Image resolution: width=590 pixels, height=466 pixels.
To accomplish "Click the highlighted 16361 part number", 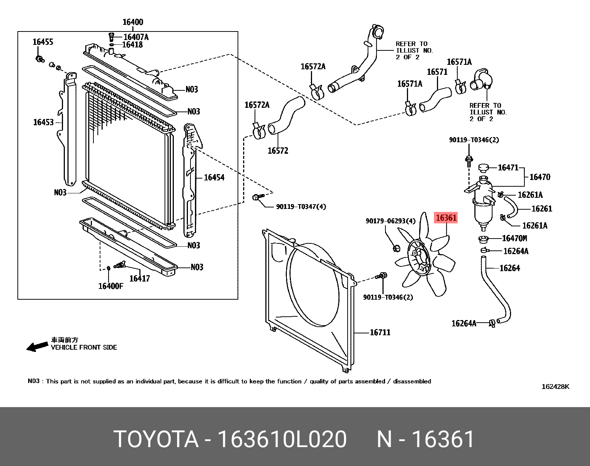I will [446, 218].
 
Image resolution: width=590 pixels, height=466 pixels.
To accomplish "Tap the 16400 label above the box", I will [133, 22].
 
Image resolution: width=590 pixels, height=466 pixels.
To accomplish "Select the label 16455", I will [43, 42].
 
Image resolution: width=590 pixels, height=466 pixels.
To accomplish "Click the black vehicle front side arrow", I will [37, 347].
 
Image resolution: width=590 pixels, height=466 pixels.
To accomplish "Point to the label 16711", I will [380, 332].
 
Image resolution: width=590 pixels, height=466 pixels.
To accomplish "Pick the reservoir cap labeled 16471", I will [483, 168].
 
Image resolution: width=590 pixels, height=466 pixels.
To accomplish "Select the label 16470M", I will [514, 238].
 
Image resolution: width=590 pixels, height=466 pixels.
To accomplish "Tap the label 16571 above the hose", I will [437, 72].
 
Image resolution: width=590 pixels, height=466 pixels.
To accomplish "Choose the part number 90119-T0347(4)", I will [301, 207].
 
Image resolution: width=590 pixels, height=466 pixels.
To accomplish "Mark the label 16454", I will [214, 177].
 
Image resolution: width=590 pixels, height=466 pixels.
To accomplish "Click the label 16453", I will [43, 122].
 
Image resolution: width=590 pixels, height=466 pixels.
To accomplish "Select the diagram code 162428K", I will [555, 387].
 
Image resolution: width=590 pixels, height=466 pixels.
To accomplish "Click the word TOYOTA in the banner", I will [156, 439].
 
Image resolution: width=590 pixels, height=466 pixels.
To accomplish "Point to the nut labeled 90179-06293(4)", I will [396, 248].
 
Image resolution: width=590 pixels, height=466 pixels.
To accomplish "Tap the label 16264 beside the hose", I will [510, 268].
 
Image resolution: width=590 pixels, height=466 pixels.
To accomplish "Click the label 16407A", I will [136, 37].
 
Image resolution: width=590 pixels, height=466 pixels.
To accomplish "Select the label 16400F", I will [110, 286].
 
